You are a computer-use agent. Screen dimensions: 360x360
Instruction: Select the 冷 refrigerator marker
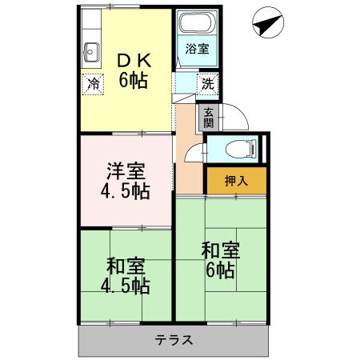point(94,82)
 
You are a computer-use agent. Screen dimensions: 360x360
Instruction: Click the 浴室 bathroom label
point(198,48)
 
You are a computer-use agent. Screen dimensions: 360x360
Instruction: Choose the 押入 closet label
point(236,180)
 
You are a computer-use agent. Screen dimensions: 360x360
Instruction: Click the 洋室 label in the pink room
point(125,171)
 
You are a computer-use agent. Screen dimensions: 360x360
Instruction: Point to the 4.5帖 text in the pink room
point(126,193)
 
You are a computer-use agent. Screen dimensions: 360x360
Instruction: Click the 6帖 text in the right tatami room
point(218,270)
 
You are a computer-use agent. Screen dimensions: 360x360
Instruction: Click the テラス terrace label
point(173,339)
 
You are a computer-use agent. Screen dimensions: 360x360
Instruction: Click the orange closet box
point(236,180)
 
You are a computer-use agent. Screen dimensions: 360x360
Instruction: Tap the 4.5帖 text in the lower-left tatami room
point(125,286)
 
